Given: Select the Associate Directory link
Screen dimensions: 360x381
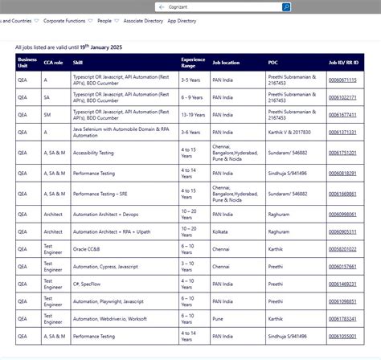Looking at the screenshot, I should click(x=144, y=21).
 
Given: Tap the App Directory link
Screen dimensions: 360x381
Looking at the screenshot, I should click(x=181, y=21).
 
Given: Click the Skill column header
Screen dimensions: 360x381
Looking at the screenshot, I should click(x=78, y=61).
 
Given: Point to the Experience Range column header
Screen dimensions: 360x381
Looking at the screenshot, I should click(x=193, y=61).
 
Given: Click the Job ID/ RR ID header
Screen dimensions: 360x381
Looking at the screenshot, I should click(x=343, y=61).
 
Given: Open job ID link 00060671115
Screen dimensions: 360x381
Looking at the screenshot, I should click(x=342, y=80).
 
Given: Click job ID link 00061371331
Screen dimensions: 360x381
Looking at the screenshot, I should click(x=342, y=132).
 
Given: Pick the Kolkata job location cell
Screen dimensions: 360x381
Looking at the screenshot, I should click(x=220, y=231).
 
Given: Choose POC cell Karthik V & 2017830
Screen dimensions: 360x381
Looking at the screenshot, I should click(x=289, y=132).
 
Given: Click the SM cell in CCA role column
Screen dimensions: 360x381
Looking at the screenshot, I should click(x=46, y=115).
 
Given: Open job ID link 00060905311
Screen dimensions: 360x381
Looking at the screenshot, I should click(x=342, y=231).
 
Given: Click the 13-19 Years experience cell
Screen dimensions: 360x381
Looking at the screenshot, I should click(x=194, y=115).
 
